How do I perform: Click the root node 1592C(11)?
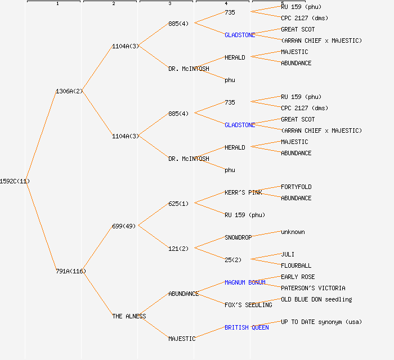coord(15,181)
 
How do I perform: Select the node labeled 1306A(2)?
coord(69,91)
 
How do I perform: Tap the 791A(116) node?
coord(71,271)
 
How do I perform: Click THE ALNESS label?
coord(129,316)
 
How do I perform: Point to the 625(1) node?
coord(179,204)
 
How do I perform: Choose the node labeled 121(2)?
coord(179,249)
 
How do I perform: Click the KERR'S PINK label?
coord(243,192)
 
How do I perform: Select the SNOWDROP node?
coord(238,237)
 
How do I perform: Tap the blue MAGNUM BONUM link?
coord(245,282)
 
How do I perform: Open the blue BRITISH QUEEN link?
coord(247,327)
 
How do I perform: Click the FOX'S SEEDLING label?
coord(248,305)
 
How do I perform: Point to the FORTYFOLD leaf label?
coord(296,187)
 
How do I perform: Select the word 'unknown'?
coord(293,232)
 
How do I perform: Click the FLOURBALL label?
coord(296,265)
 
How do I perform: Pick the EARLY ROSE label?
coord(298,277)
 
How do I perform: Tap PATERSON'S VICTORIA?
coord(313,288)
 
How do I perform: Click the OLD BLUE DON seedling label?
coord(316,299)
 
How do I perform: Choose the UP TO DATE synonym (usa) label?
coord(321,322)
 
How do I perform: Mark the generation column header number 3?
coord(170,4)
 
